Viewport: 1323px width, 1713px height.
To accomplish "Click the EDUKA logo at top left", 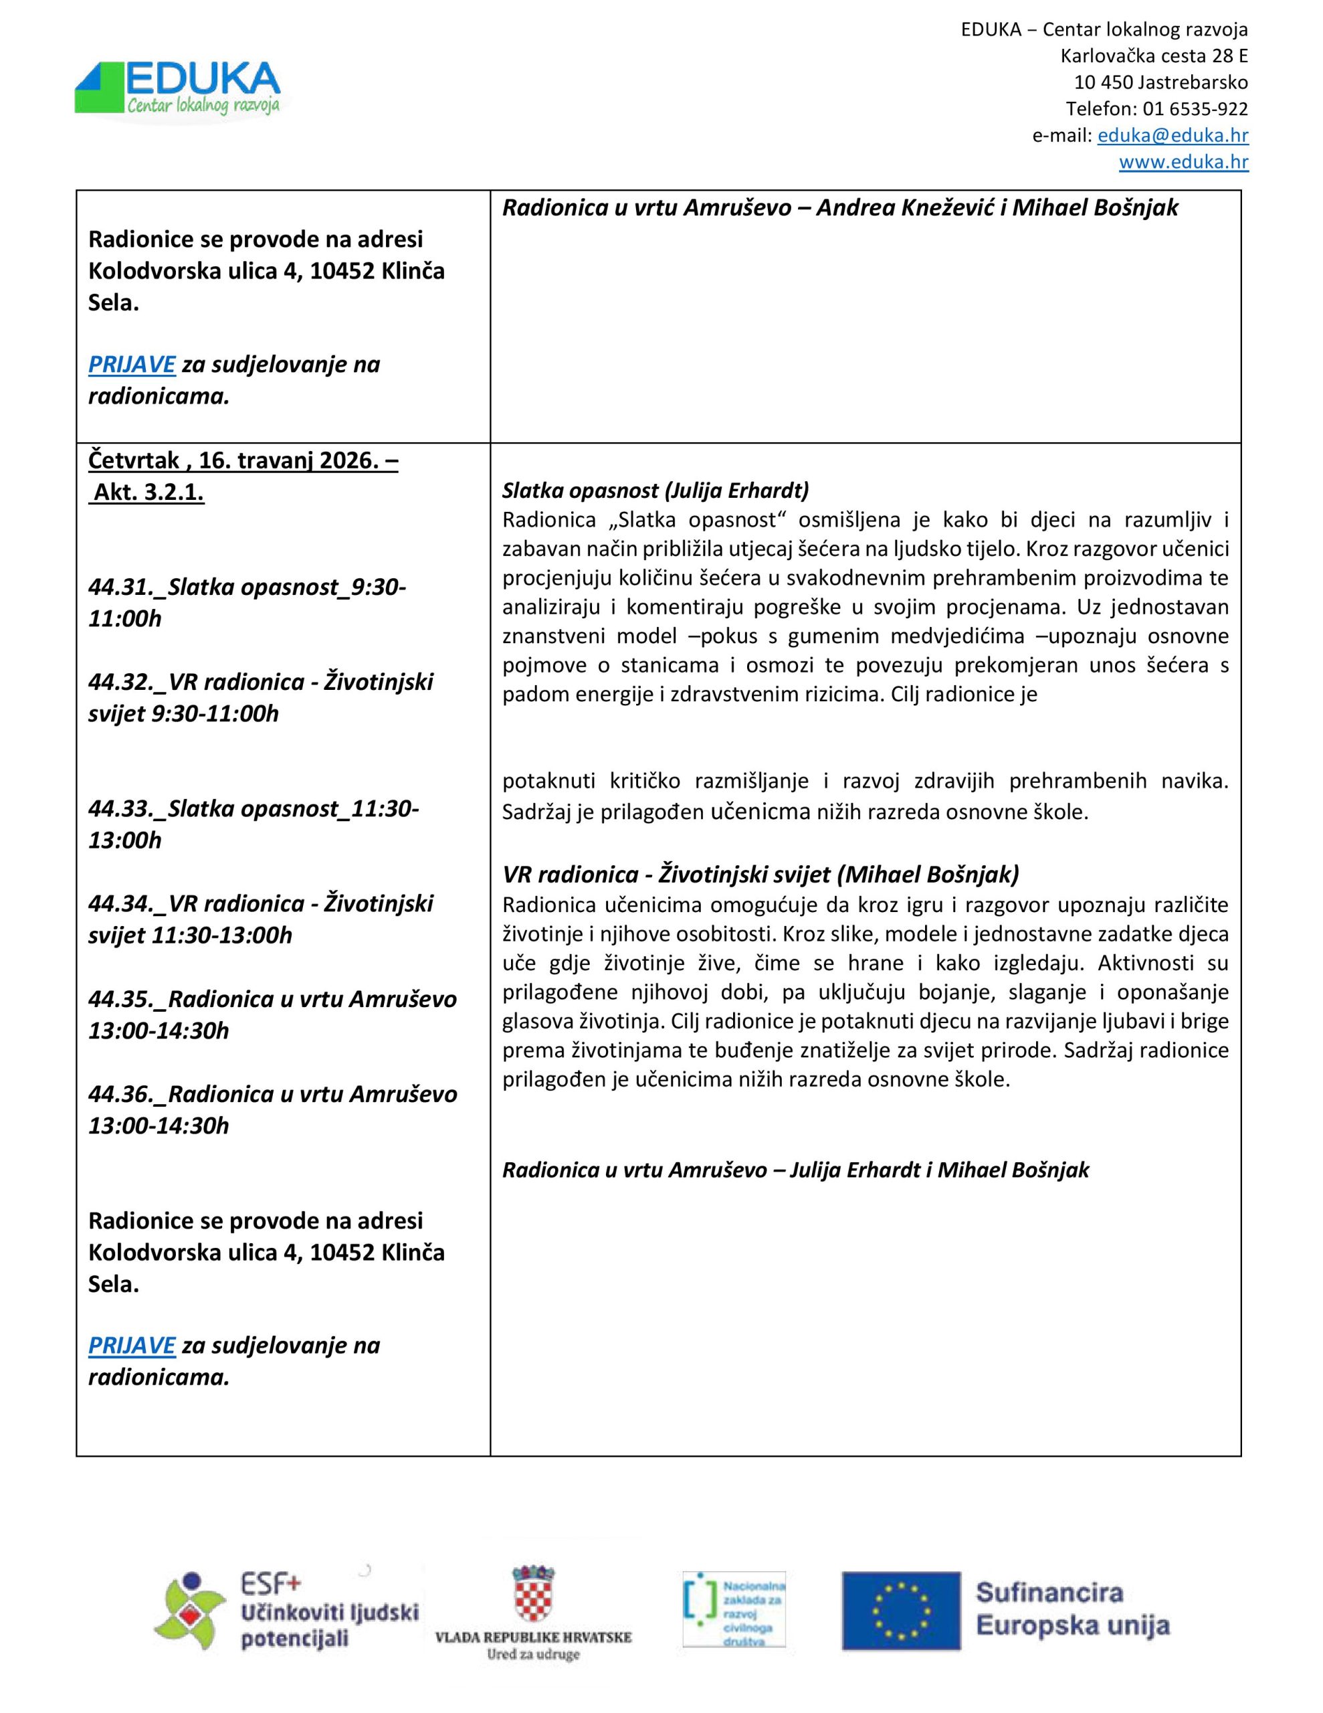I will click(178, 88).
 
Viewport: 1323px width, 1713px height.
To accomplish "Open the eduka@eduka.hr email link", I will click(1173, 135).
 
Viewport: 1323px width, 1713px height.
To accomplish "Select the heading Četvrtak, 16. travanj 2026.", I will click(243, 460).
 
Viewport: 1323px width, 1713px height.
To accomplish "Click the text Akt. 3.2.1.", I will click(148, 492).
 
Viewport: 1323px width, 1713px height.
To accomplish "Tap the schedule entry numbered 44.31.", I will click(247, 602).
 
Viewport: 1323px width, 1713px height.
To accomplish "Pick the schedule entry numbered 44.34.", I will click(260, 919).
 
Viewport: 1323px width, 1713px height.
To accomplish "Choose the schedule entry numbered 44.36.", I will click(272, 1109).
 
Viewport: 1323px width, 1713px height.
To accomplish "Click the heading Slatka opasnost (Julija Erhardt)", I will click(655, 490).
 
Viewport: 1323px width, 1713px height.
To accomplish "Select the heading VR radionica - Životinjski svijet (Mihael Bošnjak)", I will click(760, 874).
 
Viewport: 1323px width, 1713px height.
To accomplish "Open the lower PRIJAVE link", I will click(132, 1345).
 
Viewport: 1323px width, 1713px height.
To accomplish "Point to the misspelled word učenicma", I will click(759, 811).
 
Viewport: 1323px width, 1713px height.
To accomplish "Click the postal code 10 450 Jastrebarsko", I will click(1160, 82).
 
